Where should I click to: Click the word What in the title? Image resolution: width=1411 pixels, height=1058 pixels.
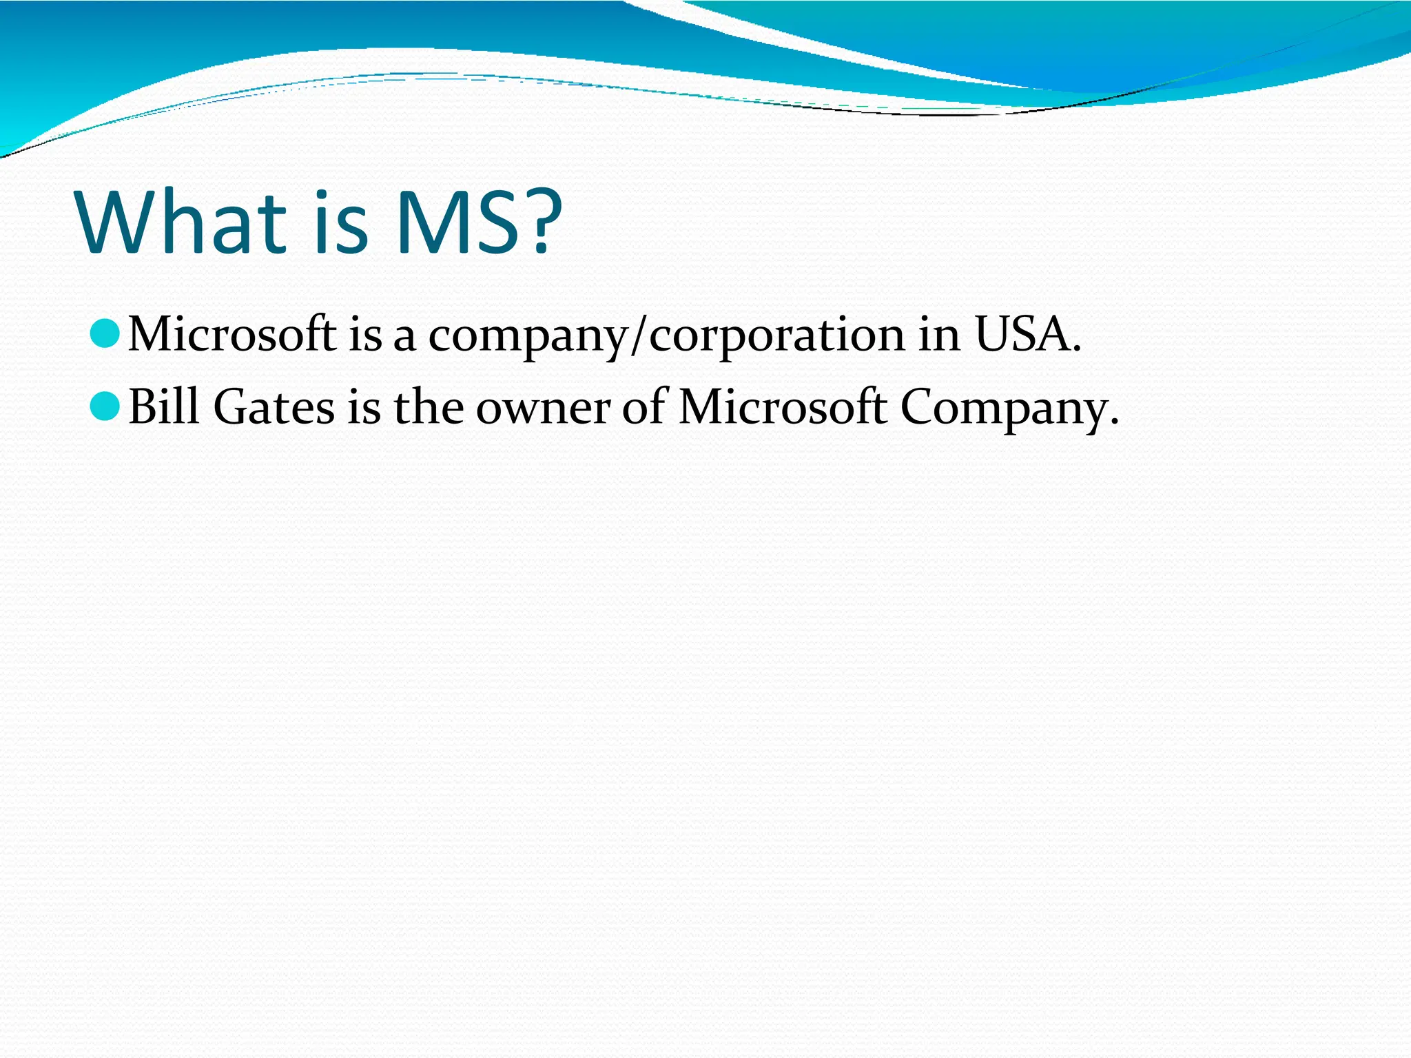tap(181, 222)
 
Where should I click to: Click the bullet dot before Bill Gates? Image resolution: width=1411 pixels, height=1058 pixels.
tap(105, 406)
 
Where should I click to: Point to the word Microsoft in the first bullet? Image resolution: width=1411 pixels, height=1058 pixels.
tap(232, 335)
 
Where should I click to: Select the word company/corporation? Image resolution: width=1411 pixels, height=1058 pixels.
tap(666, 336)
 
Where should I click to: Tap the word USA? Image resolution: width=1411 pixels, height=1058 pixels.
tap(1027, 335)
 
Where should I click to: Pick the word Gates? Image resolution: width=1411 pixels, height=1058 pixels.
tap(274, 406)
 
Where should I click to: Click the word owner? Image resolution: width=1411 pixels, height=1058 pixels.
tap(543, 408)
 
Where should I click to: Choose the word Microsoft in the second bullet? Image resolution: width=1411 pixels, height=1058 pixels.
tap(782, 406)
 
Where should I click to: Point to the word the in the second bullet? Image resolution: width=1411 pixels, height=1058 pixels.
tap(429, 406)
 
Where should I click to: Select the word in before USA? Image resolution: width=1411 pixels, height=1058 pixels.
tap(938, 335)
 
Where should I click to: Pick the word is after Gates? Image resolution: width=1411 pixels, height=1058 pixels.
tap(364, 406)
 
